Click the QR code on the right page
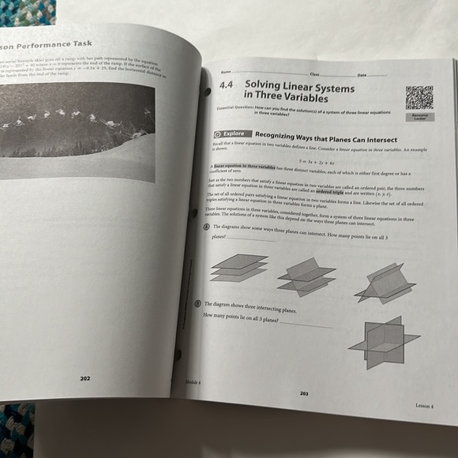pos(419,97)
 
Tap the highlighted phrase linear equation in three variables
pos(244,167)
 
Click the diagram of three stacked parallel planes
pos(238,267)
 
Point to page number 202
pos(85,378)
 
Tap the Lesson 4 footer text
pos(425,405)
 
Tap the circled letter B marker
pos(197,303)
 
